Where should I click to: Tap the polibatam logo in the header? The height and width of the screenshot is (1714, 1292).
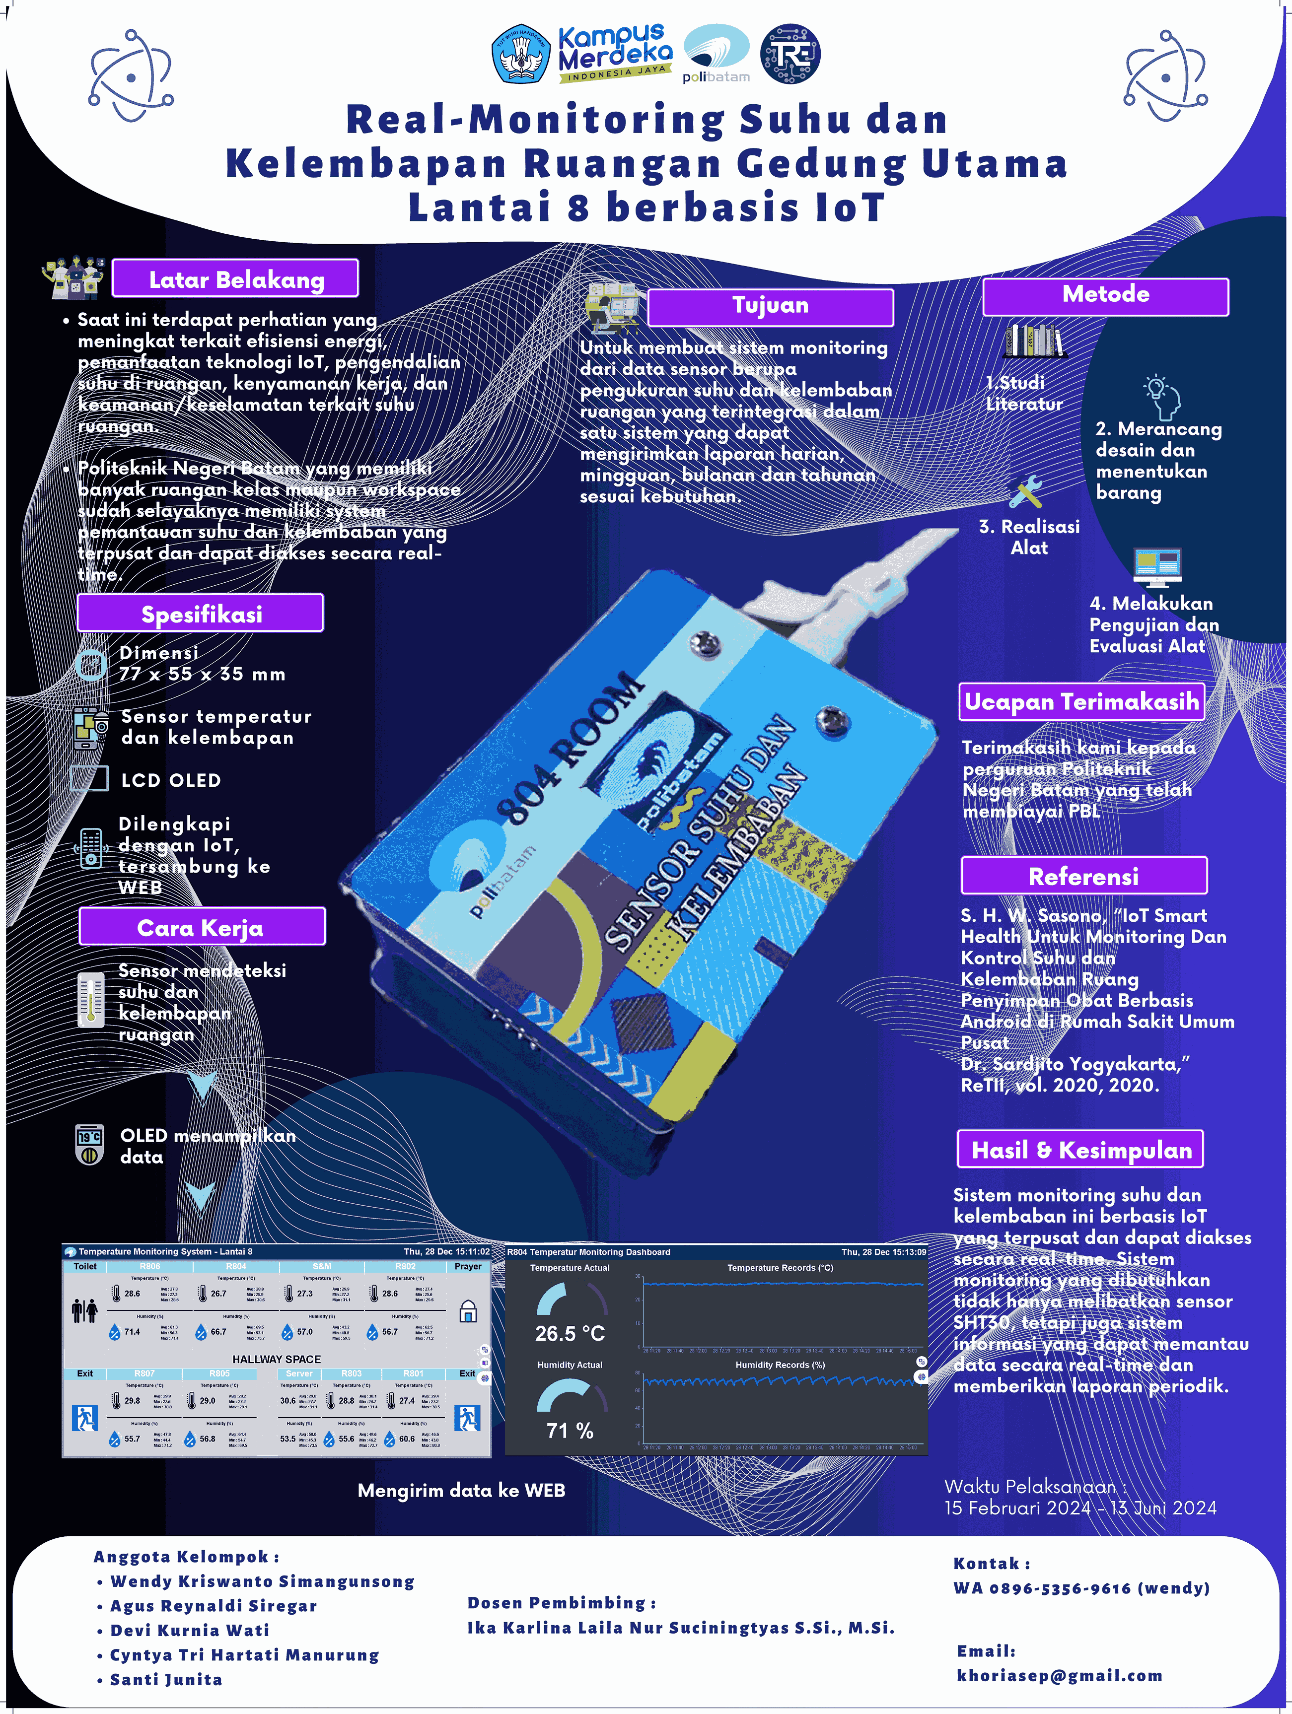716,53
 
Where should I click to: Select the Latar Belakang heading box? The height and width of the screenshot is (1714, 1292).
236,279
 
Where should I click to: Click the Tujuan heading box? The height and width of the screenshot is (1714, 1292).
771,307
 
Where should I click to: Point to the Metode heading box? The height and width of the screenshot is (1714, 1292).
1105,296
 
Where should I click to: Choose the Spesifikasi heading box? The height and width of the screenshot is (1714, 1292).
201,614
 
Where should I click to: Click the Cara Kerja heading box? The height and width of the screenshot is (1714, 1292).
202,927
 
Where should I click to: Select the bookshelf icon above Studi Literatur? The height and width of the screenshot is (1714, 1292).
1033,341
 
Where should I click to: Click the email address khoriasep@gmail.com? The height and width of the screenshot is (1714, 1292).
1060,1675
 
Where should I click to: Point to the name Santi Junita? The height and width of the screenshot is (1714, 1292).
166,1680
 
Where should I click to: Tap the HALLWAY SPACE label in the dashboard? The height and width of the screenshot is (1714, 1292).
277,1359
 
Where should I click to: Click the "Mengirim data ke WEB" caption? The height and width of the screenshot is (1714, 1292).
461,1490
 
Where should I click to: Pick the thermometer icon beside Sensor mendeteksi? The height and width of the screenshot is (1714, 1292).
91,1000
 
